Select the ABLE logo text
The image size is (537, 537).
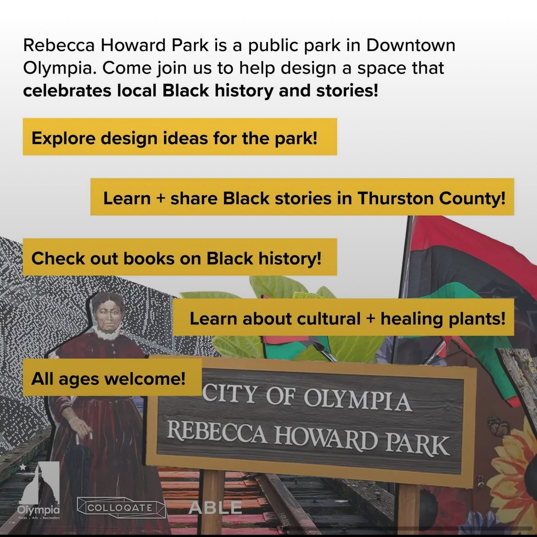tap(215, 507)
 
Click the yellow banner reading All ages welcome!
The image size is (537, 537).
tap(109, 379)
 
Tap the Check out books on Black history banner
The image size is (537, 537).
tap(176, 258)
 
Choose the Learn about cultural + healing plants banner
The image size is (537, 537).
tap(347, 318)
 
